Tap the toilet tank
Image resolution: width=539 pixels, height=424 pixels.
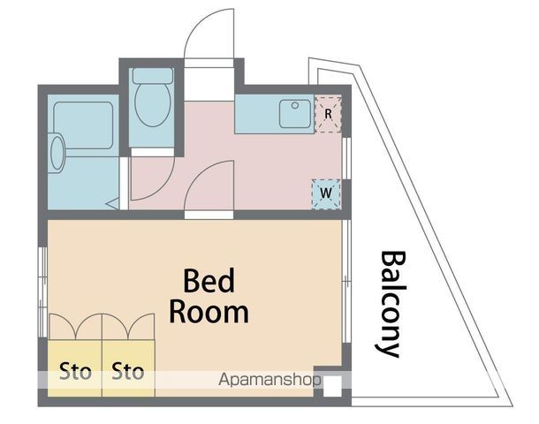click(x=153, y=76)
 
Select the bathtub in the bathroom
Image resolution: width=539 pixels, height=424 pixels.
click(x=83, y=125)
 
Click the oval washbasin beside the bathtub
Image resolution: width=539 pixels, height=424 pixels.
click(x=57, y=153)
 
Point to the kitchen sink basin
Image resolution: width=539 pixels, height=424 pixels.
click(x=295, y=114)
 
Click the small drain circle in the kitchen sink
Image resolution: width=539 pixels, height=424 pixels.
click(x=295, y=105)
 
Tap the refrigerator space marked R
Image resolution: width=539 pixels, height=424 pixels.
click(x=329, y=114)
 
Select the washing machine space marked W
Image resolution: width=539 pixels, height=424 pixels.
click(x=326, y=194)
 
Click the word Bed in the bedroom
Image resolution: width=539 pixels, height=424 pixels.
click(x=209, y=281)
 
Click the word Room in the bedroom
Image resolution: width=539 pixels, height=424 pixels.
click(x=209, y=313)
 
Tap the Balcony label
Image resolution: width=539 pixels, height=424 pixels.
click(x=391, y=304)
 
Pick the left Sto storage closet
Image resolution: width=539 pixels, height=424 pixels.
click(x=74, y=368)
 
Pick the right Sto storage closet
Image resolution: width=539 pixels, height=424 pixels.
click(x=128, y=368)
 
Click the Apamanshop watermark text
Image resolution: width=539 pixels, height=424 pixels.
click(x=269, y=380)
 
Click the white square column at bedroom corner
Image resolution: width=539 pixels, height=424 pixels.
click(x=333, y=386)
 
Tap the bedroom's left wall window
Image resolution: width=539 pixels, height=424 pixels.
click(x=42, y=292)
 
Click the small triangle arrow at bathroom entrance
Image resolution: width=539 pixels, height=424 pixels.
click(x=112, y=204)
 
